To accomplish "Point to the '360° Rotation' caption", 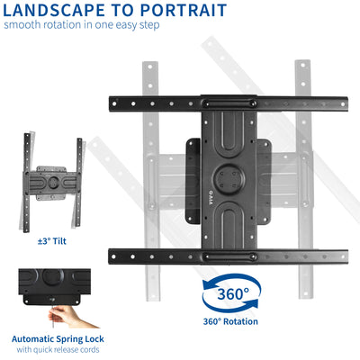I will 232,321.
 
